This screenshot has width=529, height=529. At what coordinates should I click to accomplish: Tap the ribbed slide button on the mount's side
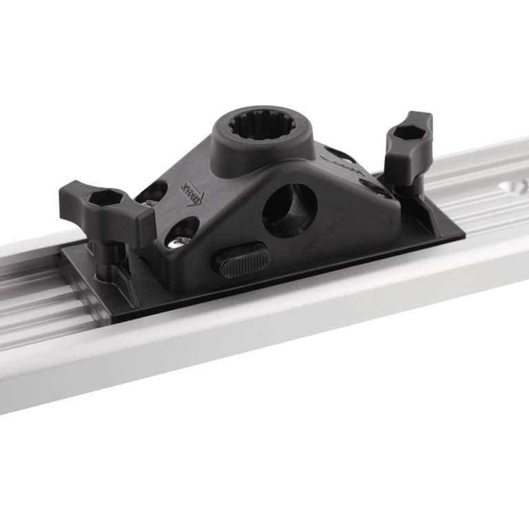(x=238, y=260)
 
